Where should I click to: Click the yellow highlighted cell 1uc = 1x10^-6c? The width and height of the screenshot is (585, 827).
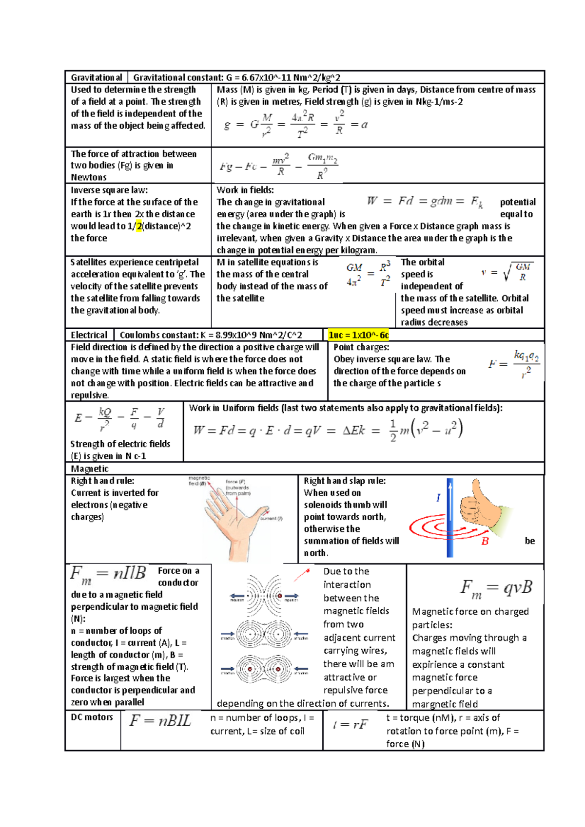click(358, 335)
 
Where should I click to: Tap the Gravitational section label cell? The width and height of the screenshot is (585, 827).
click(97, 77)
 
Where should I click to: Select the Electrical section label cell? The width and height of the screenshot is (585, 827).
click(89, 335)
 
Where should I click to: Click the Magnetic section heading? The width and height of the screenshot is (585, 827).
click(90, 469)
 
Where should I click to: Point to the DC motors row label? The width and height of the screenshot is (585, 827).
click(92, 717)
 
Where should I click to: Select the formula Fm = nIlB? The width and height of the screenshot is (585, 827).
click(108, 574)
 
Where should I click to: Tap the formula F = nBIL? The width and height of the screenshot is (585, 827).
click(160, 721)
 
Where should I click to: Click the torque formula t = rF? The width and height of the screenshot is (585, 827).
click(350, 725)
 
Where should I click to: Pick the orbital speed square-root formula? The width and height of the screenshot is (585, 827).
click(507, 272)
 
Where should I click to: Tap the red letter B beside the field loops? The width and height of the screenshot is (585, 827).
click(485, 541)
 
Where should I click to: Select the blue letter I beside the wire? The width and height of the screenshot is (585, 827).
click(438, 497)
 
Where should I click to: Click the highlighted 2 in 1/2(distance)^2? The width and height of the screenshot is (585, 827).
click(139, 226)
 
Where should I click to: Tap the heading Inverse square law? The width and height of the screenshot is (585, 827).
click(109, 190)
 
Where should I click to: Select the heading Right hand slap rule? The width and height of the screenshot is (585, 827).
click(345, 481)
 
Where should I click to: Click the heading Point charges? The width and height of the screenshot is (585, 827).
click(361, 347)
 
